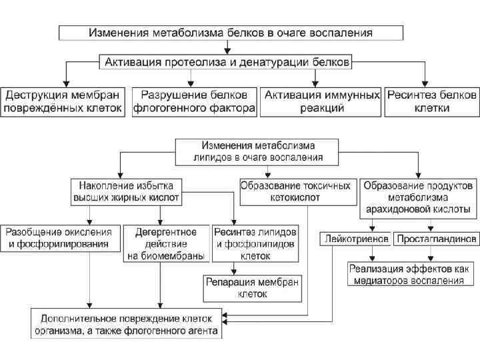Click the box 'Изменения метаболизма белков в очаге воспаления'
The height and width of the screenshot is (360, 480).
(231, 31)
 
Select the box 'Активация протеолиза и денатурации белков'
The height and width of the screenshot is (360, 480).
(226, 61)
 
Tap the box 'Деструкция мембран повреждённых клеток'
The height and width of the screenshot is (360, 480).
(63, 101)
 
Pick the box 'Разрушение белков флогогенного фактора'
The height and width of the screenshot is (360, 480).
(194, 101)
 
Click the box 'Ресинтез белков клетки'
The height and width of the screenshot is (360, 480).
(432, 101)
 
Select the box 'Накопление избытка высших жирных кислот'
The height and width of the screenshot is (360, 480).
(126, 191)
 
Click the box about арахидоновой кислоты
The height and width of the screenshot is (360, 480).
(418, 197)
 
